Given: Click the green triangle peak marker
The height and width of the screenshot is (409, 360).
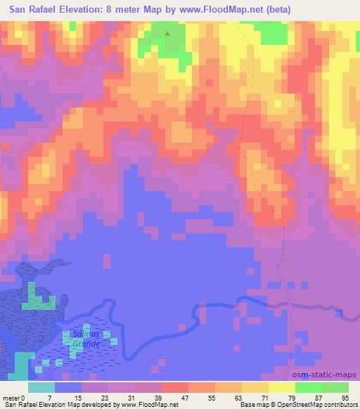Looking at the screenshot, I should [x=167, y=32].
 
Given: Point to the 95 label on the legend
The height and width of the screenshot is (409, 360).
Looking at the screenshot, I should [x=345, y=398].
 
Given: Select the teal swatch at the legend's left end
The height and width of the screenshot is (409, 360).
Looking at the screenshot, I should [x=41, y=387].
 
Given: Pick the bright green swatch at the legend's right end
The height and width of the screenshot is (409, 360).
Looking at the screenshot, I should [x=336, y=387].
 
